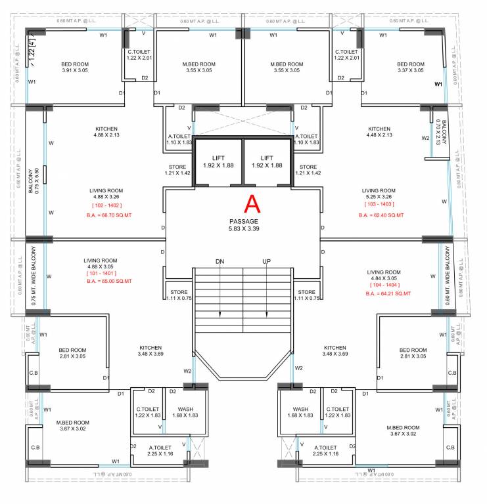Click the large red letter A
coord(253,204)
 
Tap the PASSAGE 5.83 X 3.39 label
coord(244,226)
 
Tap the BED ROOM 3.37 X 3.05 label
coord(411,67)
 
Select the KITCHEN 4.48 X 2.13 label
coord(379,132)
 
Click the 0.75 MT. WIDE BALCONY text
coord(32,267)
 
